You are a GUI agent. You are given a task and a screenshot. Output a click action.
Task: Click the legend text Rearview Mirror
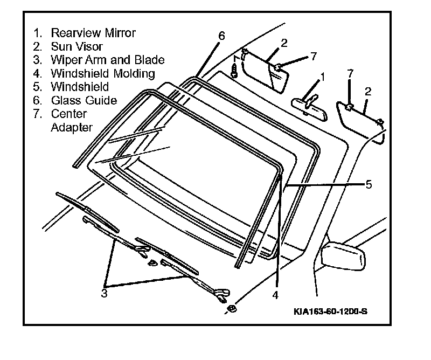tap(93, 33)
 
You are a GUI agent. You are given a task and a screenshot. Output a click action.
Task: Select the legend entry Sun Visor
tap(77, 46)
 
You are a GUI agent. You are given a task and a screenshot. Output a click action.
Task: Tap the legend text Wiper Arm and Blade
tap(108, 60)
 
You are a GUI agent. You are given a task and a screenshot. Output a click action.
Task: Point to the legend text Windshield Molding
tap(103, 73)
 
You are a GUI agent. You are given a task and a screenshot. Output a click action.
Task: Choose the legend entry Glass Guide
tap(84, 100)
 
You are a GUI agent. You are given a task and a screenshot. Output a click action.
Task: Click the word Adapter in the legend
tap(72, 127)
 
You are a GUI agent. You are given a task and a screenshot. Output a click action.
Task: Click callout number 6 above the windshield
tap(221, 36)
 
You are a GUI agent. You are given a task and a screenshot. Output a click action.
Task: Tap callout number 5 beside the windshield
tap(369, 184)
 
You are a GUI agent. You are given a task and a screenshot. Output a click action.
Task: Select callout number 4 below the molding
tap(275, 295)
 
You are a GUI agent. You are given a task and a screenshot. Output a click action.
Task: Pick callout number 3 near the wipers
tap(104, 293)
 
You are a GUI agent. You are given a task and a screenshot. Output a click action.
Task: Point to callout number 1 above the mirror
tap(323, 77)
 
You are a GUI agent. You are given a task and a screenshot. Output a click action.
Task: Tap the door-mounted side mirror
tap(343, 255)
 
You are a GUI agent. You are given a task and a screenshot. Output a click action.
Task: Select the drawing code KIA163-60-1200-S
tap(331, 311)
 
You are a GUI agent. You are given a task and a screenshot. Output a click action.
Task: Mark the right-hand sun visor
tap(360, 122)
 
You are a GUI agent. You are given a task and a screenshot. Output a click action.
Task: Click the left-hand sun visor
tap(265, 71)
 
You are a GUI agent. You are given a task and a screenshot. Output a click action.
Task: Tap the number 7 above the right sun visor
tap(350, 74)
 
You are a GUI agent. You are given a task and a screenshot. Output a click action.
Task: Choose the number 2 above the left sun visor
tap(284, 43)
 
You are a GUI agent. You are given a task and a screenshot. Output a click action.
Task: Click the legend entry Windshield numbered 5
tap(80, 87)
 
